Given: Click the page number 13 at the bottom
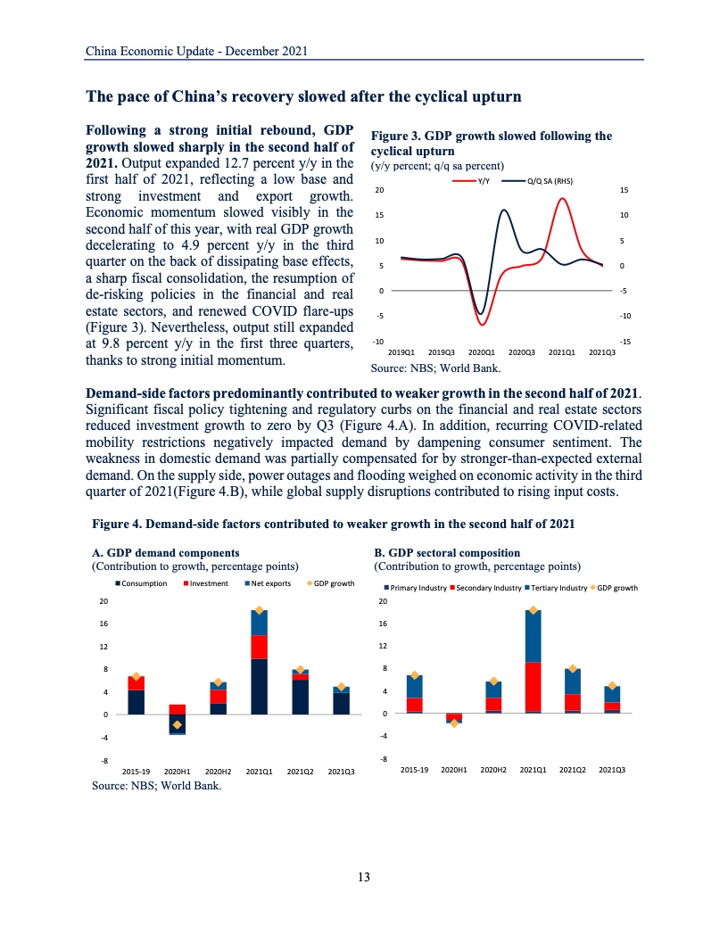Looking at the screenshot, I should coord(363,877).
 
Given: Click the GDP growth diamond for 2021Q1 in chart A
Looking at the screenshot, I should coord(260,610).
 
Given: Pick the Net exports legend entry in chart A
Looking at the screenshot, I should coord(269,583).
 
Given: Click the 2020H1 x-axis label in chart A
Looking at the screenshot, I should coord(177,771).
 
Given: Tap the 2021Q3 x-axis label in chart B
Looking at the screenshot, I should coord(612,769).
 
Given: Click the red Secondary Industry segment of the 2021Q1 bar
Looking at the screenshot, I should coord(534,687).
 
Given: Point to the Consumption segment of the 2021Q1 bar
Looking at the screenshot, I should coord(260,686).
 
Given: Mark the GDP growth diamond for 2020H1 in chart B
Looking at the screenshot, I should coord(454,723).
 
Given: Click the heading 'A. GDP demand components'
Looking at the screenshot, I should coord(166,553).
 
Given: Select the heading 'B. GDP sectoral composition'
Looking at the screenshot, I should coord(447,553).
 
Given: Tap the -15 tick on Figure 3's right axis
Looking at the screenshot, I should coord(626,342).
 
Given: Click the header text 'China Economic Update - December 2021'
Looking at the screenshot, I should coord(196,51).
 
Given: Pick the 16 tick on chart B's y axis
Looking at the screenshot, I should coord(384,624).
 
